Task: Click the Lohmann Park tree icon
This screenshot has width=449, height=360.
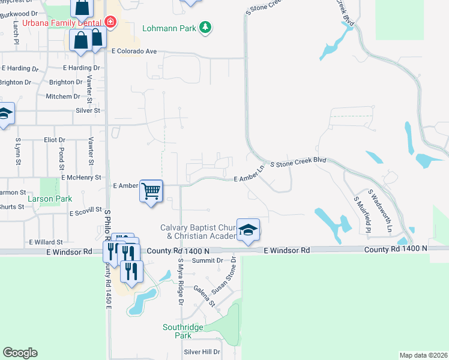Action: click(206, 28)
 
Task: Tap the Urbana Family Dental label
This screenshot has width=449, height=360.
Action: click(62, 23)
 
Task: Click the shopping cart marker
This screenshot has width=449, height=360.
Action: click(151, 191)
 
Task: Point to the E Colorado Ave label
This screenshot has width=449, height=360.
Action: click(134, 52)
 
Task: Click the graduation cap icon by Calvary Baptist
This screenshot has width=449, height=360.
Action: click(247, 229)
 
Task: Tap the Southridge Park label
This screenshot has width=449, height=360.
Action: click(178, 331)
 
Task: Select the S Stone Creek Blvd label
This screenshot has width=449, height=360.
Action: click(298, 162)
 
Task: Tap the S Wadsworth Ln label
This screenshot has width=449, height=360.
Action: click(380, 211)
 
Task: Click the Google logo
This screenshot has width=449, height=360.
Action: click(20, 353)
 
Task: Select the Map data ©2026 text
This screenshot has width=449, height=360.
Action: click(423, 355)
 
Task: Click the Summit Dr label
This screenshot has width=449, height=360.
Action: click(207, 260)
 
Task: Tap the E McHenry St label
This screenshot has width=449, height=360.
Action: click(81, 178)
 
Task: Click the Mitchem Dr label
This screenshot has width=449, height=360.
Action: click(63, 97)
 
